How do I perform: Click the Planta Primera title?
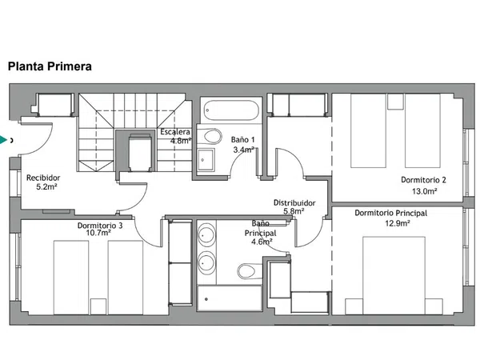pyautogui.click(x=50, y=66)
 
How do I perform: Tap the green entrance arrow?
pyautogui.click(x=3, y=140)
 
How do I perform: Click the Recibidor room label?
pyautogui.click(x=43, y=178)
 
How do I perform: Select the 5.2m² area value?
pyautogui.click(x=47, y=186)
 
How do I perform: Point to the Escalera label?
pyautogui.click(x=175, y=132)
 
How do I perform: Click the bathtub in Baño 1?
pyautogui.click(x=231, y=110)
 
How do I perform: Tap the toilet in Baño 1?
pyautogui.click(x=213, y=136)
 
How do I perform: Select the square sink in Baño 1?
pyautogui.click(x=206, y=160)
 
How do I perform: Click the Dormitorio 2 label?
pyautogui.click(x=423, y=180)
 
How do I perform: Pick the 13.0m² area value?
pyautogui.click(x=424, y=191)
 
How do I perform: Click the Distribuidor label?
pyautogui.click(x=294, y=202)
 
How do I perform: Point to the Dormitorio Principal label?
pyautogui.click(x=391, y=213)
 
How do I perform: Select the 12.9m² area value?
pyautogui.click(x=398, y=223)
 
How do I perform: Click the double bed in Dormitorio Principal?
pyautogui.click(x=394, y=275)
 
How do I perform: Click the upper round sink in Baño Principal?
pyautogui.click(x=206, y=235)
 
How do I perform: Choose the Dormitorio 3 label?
pyautogui.click(x=100, y=226)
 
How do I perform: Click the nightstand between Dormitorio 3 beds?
pyautogui.click(x=98, y=306)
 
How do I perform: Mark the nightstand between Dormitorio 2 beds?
pyautogui.click(x=395, y=102)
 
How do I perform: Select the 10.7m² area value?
pyautogui.click(x=98, y=233)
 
